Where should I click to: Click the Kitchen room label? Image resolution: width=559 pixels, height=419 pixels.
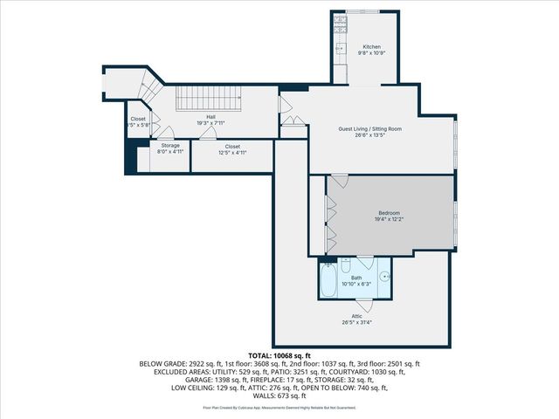pos(372,46)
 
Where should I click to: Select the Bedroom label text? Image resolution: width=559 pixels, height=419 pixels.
pos(389,213)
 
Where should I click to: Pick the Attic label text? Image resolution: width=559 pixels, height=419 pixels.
pos(356,315)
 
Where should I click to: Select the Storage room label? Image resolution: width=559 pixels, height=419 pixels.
pos(169,145)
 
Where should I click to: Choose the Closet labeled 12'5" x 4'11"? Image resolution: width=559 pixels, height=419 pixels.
pos(232,152)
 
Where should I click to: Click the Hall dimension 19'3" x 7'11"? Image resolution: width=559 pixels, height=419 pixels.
pos(211,122)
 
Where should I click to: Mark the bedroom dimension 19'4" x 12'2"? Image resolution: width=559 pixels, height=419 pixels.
pos(389,219)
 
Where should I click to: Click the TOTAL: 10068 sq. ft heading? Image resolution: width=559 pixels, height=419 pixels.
pos(279,355)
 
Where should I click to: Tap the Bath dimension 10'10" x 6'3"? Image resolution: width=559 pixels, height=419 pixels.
pos(356,284)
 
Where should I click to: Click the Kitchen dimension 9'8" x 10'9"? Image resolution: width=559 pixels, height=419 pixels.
pos(372,52)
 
